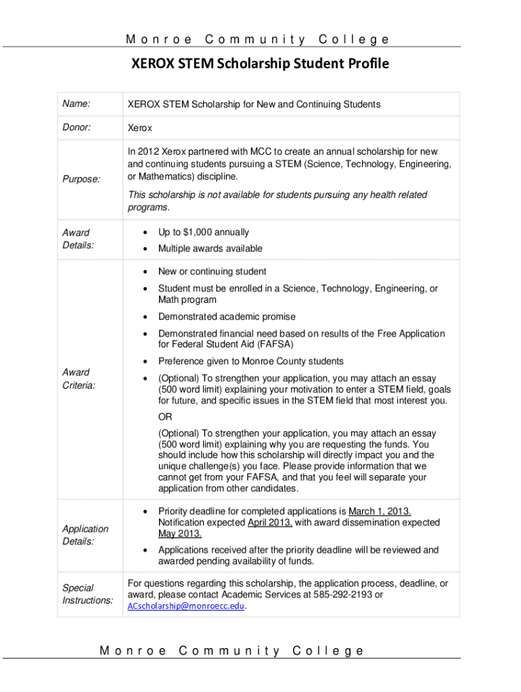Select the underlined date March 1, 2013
(380, 511)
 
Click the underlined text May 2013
(179, 534)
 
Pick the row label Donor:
(76, 126)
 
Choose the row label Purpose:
(81, 179)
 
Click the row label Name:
(76, 103)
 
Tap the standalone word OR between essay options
(164, 416)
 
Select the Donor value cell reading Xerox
(140, 128)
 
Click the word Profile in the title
(365, 65)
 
